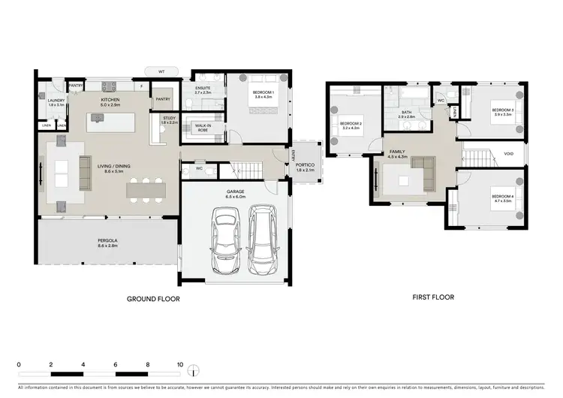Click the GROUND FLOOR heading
tap(153, 299)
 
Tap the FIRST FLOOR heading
tap(433, 297)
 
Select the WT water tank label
tap(161, 71)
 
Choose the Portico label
tap(304, 167)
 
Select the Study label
tap(169, 119)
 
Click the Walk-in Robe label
tap(202, 128)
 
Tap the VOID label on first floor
tap(508, 153)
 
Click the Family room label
tap(397, 154)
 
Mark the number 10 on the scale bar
tap(179, 364)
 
